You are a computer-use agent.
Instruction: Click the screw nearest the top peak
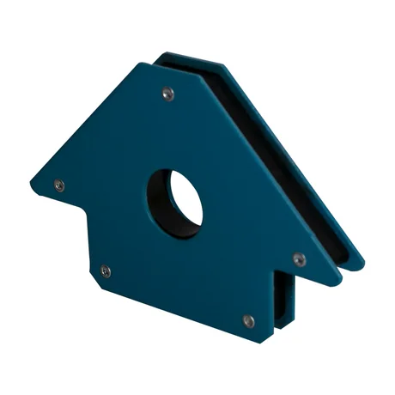click(168, 93)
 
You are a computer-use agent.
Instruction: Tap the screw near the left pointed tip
click(58, 184)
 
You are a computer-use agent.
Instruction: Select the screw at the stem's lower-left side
click(105, 271)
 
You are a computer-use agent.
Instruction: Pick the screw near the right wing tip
click(299, 258)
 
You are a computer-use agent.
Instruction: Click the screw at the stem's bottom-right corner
click(248, 321)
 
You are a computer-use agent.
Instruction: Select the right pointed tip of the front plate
click(343, 276)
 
